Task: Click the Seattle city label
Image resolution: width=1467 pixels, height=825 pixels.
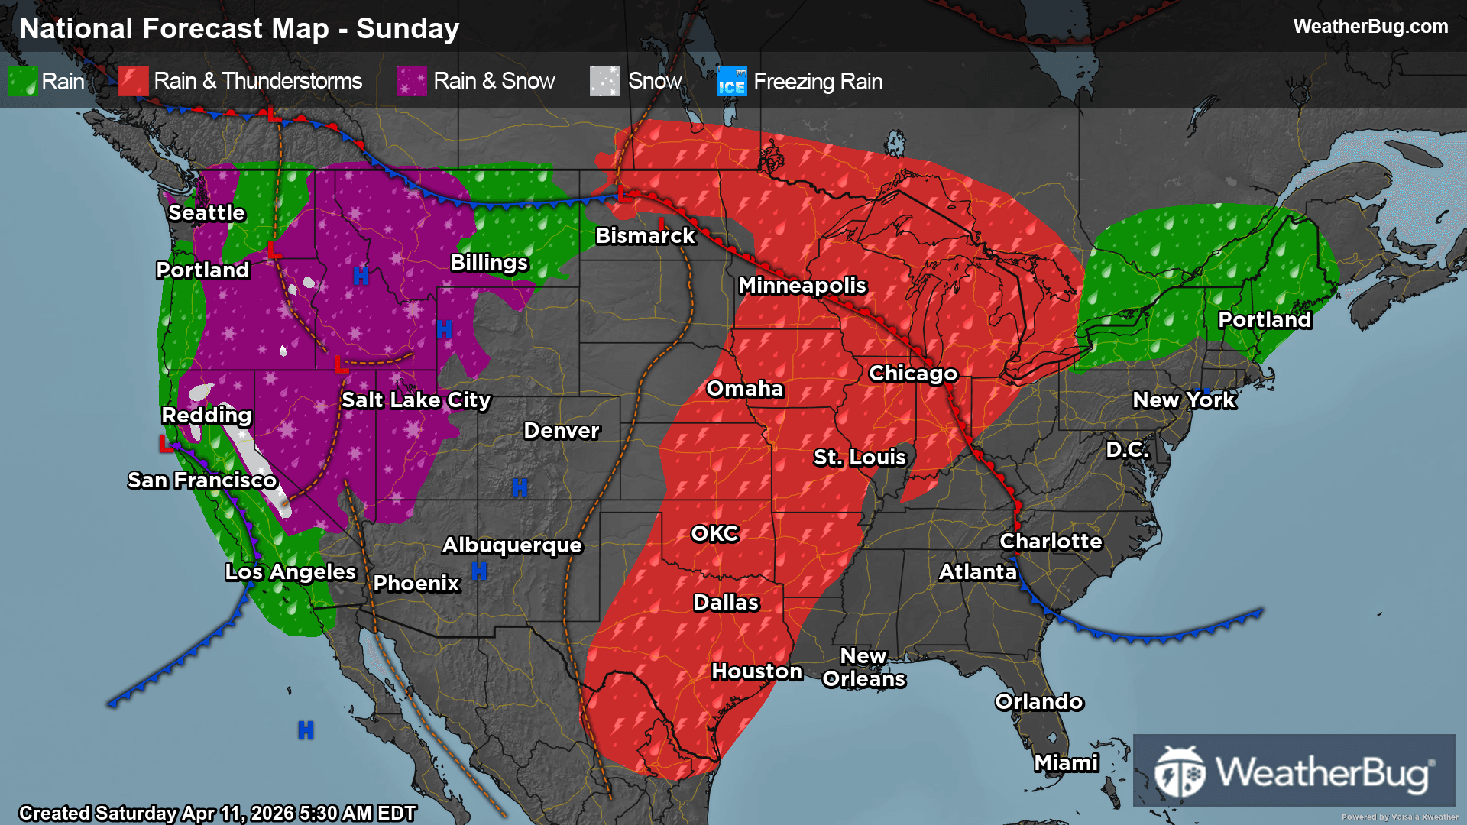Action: tap(206, 213)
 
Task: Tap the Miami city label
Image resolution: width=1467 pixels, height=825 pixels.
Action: tap(1066, 763)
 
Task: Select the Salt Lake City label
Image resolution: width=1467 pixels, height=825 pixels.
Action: tap(416, 400)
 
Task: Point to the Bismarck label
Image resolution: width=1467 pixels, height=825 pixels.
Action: tap(645, 236)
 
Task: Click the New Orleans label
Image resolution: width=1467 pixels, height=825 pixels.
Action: tap(863, 668)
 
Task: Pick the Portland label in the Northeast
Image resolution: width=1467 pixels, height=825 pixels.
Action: tap(1265, 320)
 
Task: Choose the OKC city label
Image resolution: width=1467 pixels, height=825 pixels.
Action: tap(714, 534)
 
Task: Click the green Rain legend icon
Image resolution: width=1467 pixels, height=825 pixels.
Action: tap(22, 81)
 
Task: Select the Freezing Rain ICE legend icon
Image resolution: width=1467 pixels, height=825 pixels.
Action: tap(731, 81)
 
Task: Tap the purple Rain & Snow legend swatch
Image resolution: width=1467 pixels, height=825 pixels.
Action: tap(412, 81)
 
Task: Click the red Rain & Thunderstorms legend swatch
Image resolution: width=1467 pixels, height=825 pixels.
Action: tap(134, 81)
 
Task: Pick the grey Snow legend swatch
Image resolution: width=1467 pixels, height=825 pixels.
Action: tap(604, 81)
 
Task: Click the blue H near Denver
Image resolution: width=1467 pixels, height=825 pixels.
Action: tap(520, 487)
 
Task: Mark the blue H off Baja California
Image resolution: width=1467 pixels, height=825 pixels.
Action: tap(306, 730)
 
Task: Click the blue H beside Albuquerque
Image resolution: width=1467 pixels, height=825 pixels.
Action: tap(479, 571)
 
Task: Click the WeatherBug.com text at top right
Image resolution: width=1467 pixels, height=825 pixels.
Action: tap(1370, 27)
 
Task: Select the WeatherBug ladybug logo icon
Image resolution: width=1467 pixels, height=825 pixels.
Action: tap(1180, 772)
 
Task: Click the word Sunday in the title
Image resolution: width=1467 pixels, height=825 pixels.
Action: tap(407, 29)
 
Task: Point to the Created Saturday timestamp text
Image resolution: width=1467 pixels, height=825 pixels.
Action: tap(217, 813)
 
